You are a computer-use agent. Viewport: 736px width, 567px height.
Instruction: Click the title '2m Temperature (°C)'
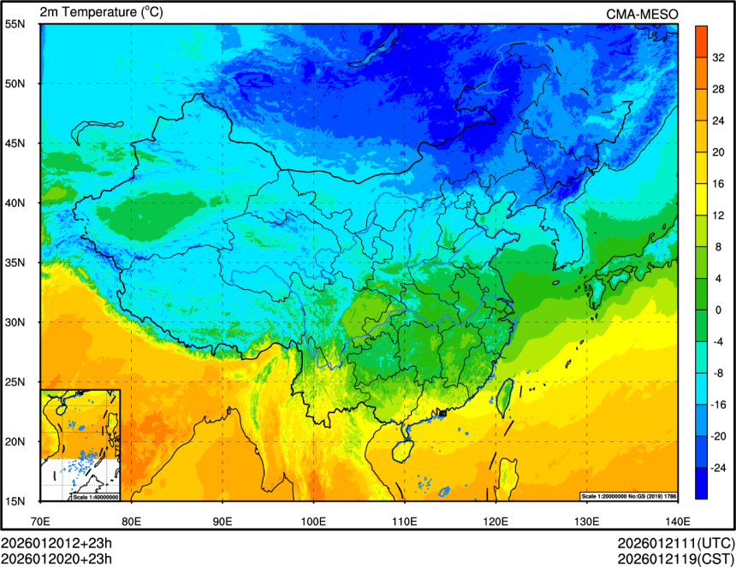(x=101, y=12)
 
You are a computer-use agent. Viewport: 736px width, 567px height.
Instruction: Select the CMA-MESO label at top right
(x=642, y=13)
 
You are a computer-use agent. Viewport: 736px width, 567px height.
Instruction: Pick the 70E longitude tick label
(x=40, y=521)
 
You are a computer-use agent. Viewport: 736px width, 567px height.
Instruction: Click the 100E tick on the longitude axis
(x=313, y=521)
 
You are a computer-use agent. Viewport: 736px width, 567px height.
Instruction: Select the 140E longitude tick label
(x=677, y=521)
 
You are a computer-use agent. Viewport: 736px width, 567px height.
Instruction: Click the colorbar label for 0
(x=717, y=310)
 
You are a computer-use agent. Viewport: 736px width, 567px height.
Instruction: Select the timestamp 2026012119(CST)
(x=675, y=558)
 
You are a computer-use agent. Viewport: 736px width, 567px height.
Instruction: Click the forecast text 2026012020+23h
(x=56, y=558)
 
